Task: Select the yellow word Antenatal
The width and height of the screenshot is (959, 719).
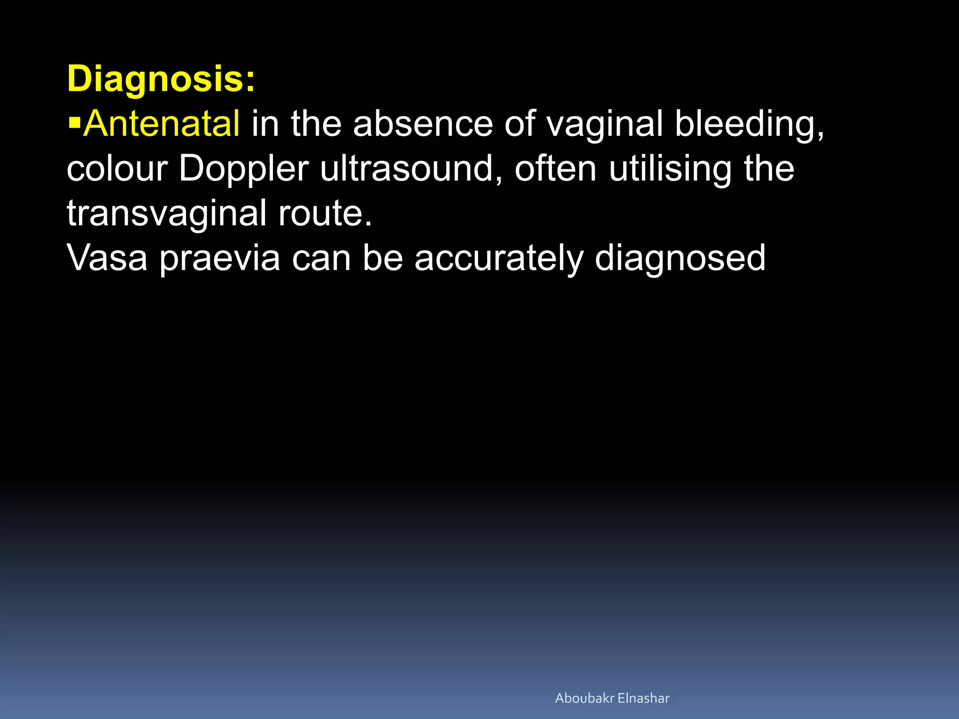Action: (x=162, y=124)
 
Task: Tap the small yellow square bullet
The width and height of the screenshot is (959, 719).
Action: (x=74, y=124)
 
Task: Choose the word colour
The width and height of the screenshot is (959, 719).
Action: (x=117, y=169)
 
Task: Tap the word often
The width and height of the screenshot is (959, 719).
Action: (x=555, y=169)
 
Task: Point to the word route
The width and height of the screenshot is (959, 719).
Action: (x=325, y=213)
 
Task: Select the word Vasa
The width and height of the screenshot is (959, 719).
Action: (x=107, y=257)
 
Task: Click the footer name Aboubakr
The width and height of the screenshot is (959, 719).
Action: (x=584, y=698)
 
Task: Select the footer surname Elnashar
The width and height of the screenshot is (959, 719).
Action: (x=643, y=698)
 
